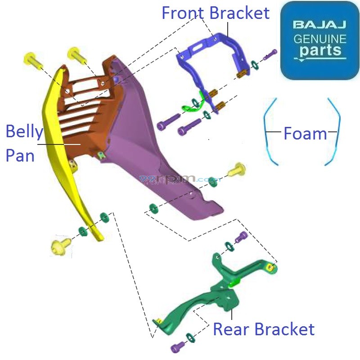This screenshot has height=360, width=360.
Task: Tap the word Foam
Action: point(305,134)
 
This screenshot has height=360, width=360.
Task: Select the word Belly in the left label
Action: point(24,132)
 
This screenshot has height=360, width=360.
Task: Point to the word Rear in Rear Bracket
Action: point(230,329)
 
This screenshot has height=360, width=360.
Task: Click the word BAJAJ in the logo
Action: point(320,24)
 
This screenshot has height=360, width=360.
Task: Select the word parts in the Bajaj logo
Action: point(320,50)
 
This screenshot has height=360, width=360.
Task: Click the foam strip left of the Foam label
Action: point(268,131)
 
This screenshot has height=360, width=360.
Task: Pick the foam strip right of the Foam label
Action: point(336,130)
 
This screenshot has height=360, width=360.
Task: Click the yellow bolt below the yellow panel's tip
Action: point(61,245)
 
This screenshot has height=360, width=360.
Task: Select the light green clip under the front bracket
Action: point(189,106)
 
